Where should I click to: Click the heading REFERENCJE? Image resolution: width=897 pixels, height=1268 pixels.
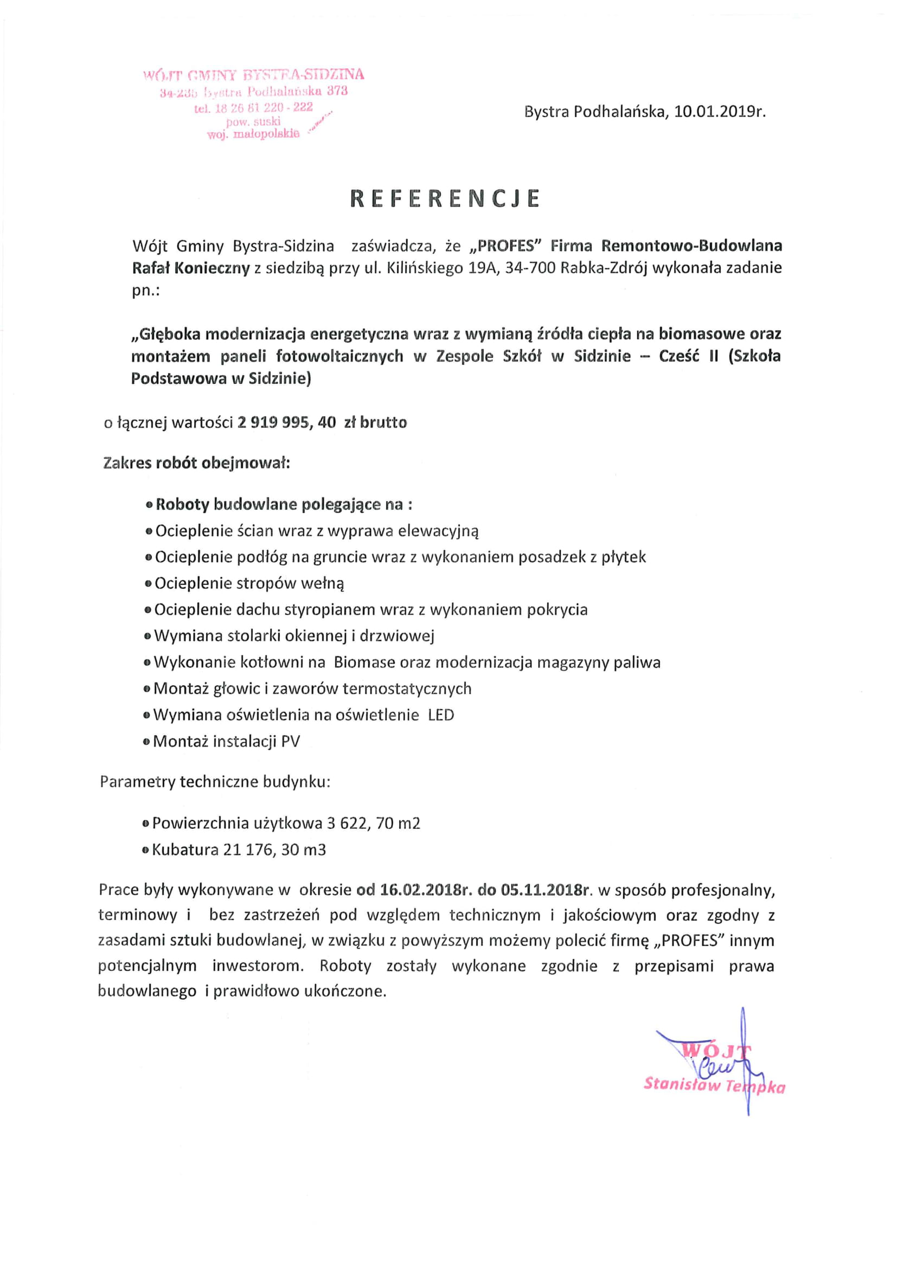(x=445, y=199)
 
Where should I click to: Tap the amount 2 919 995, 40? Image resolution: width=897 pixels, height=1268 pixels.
(x=287, y=422)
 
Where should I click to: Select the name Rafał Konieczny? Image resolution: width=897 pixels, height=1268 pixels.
(x=190, y=268)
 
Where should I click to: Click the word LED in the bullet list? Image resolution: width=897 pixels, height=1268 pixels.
(x=441, y=715)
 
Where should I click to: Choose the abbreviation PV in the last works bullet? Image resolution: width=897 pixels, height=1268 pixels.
(x=291, y=741)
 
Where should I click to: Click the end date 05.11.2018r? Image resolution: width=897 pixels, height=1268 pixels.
(x=545, y=890)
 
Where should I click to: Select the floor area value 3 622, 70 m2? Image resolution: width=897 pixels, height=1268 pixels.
(x=373, y=823)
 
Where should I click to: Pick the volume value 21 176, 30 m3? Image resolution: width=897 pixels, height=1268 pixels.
(x=274, y=849)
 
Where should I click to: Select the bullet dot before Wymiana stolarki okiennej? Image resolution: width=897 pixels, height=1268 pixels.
(x=148, y=636)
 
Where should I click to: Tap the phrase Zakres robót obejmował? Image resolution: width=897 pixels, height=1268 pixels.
(x=197, y=463)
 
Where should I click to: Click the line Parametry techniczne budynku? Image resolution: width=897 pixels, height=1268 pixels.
(x=215, y=782)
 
